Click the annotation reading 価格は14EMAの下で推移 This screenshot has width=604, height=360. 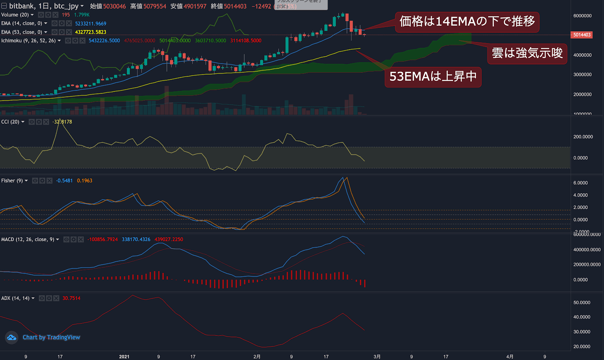[x=467, y=22]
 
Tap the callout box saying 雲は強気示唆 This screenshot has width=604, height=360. [x=527, y=53]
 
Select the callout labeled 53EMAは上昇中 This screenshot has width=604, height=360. [x=433, y=77]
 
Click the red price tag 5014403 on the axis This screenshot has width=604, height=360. [x=582, y=35]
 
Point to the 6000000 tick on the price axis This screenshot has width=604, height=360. [x=582, y=16]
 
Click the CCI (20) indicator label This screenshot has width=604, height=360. [x=10, y=122]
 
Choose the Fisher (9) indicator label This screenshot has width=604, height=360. [x=12, y=181]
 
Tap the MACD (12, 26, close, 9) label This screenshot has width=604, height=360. [x=28, y=240]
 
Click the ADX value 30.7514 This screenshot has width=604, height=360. [x=71, y=298]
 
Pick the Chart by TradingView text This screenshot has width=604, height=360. [x=51, y=337]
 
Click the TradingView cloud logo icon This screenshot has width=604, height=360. [x=12, y=337]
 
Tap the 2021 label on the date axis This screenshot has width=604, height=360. [x=124, y=357]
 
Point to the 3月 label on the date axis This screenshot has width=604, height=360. [x=377, y=357]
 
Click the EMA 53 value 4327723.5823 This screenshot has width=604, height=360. [x=91, y=32]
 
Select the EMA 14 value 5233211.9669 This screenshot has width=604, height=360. [x=91, y=23]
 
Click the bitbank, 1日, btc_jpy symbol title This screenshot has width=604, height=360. [x=44, y=6]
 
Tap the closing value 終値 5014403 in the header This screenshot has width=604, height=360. [x=228, y=6]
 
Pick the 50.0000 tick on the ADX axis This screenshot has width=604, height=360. [x=582, y=303]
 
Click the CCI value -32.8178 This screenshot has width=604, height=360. [x=62, y=122]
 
